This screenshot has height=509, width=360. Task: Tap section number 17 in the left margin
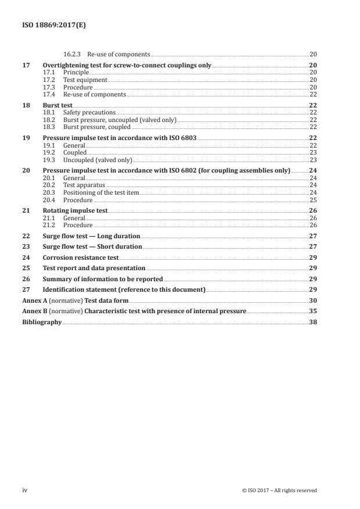coord(25,66)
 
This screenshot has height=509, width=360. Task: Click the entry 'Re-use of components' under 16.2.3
coord(123,54)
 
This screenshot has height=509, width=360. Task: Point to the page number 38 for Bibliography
coord(313,322)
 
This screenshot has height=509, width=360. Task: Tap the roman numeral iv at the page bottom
coord(24,490)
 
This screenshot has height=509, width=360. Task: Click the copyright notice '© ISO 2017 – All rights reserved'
coord(279,490)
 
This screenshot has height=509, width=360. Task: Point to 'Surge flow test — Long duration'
coord(91,237)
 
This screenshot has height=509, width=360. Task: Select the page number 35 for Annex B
coord(313,311)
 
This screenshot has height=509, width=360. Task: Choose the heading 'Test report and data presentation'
coord(94,269)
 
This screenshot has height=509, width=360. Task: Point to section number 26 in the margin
coord(25,279)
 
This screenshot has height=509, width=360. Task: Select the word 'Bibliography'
coord(41,322)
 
